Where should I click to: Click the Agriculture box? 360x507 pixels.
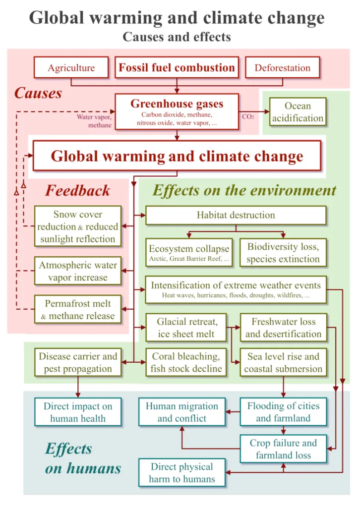pyautogui.click(x=71, y=67)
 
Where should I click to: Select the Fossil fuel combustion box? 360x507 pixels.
pyautogui.click(x=177, y=67)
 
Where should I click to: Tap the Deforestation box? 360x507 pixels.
pyautogui.click(x=283, y=67)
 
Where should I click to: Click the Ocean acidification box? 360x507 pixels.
pyautogui.click(x=298, y=112)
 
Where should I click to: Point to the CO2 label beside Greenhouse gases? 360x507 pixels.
pyautogui.click(x=248, y=117)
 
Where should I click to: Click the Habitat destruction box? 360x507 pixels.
pyautogui.click(x=236, y=215)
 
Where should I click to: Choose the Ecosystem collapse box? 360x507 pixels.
pyautogui.click(x=189, y=253)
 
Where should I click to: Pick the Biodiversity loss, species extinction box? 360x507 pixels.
pyautogui.click(x=283, y=253)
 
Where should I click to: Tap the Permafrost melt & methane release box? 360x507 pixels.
pyautogui.click(x=78, y=309)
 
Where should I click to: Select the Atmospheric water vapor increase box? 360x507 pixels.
pyautogui.click(x=78, y=271)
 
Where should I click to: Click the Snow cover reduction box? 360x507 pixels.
pyautogui.click(x=78, y=226)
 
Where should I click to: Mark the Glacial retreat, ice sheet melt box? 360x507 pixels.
pyautogui.click(x=186, y=328)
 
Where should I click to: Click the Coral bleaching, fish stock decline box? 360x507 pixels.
pyautogui.click(x=186, y=362)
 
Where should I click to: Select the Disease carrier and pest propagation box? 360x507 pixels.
pyautogui.click(x=78, y=362)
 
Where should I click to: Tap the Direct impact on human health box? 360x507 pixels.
pyautogui.click(x=78, y=412)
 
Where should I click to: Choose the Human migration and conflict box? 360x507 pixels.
pyautogui.click(x=182, y=412)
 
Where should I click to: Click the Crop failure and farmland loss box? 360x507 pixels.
pyautogui.click(x=283, y=449)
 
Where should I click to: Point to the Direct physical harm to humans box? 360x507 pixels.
pyautogui.click(x=182, y=473)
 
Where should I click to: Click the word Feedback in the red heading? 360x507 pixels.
pyautogui.click(x=78, y=190)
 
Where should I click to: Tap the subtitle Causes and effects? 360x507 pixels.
pyautogui.click(x=177, y=37)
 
